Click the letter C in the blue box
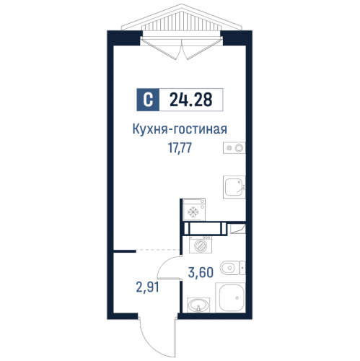tap(147, 100)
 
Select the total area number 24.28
tap(191, 100)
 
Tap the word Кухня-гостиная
tap(180, 130)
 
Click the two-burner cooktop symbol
tap(235, 148)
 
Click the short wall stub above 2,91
tap(123, 250)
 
